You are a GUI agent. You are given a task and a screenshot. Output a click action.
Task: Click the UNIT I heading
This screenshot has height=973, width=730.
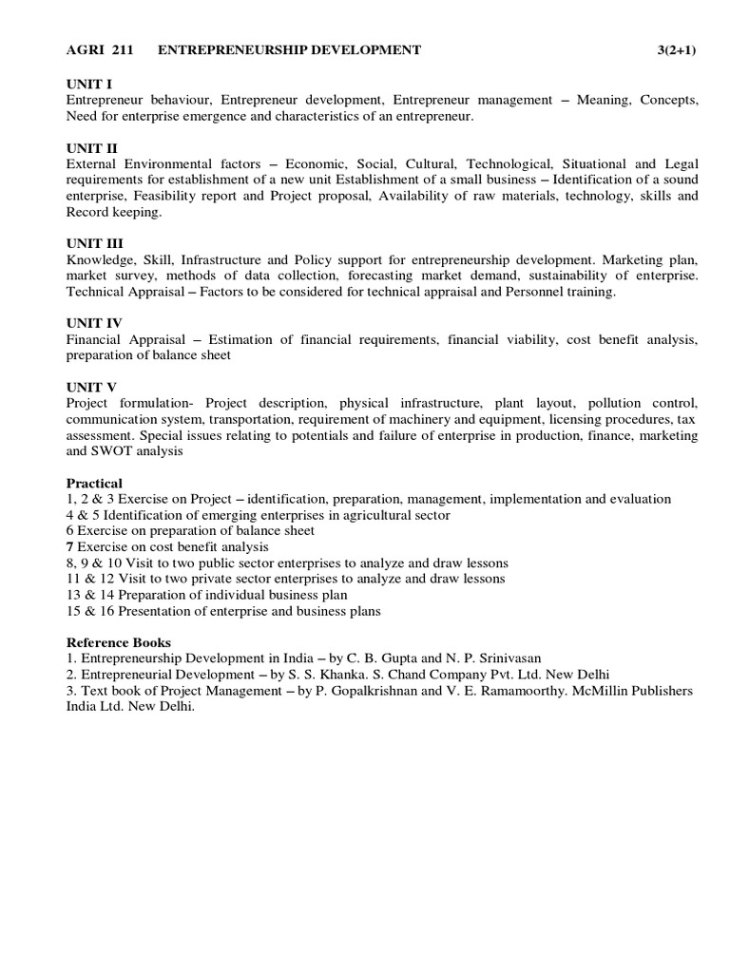[89, 85]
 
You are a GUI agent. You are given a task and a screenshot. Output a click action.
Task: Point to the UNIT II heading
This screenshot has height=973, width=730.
[92, 148]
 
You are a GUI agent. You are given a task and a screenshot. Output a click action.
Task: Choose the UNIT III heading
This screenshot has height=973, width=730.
[95, 244]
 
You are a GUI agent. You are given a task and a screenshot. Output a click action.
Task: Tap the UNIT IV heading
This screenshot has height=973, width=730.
[94, 324]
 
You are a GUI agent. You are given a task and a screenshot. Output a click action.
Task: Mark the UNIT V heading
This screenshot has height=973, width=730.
[91, 388]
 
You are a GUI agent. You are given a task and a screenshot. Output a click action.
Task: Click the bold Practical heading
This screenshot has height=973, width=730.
[96, 483]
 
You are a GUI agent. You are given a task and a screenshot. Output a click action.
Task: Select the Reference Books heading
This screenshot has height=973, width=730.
[119, 642]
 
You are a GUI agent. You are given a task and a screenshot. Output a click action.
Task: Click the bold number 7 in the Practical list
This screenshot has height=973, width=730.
[69, 547]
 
